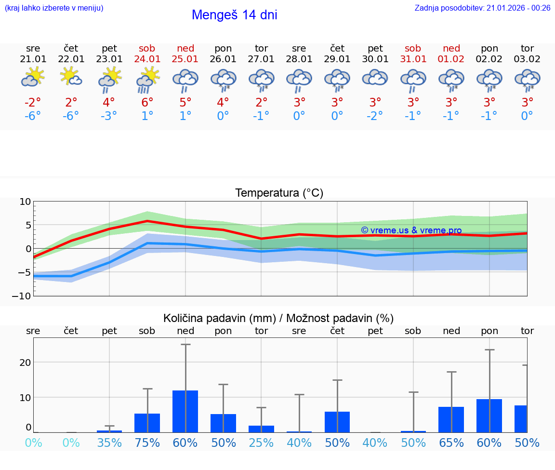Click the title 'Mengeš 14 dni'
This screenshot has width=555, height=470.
click(x=234, y=15)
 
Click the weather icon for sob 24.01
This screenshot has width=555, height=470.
click(x=147, y=80)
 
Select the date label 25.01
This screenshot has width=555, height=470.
click(x=185, y=59)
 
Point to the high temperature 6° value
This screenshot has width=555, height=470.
click(x=147, y=102)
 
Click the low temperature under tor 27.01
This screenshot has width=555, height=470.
click(x=261, y=116)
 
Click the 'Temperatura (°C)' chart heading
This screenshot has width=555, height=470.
click(x=279, y=193)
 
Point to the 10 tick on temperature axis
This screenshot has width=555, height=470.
click(x=25, y=201)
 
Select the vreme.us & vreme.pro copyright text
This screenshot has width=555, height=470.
click(x=411, y=230)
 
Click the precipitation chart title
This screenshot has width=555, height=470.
click(x=278, y=318)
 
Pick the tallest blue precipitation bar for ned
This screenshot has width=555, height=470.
click(x=185, y=411)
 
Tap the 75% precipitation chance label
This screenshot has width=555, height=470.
click(x=147, y=443)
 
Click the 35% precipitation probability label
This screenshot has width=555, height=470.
click(x=109, y=443)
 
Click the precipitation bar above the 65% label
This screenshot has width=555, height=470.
click(x=451, y=419)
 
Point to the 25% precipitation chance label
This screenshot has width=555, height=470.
click(x=261, y=443)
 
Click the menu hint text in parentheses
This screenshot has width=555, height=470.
click(x=53, y=8)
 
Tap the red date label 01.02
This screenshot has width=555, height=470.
click(x=451, y=59)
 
